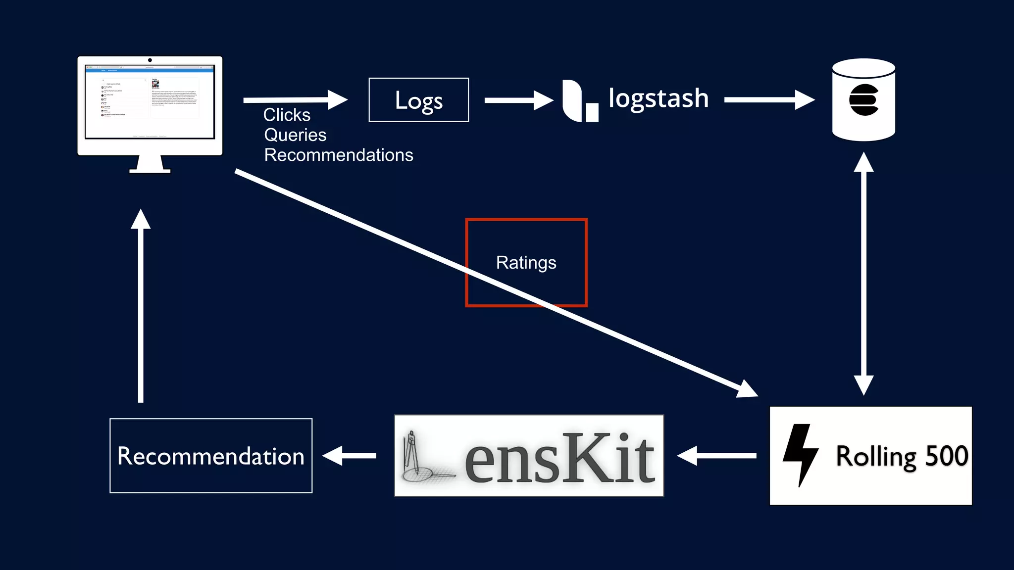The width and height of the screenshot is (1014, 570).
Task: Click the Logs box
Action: click(x=418, y=100)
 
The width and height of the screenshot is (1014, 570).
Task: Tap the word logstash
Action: click(x=658, y=98)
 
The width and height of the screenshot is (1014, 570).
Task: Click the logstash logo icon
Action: click(x=579, y=101)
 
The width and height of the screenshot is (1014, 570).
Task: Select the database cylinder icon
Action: click(x=863, y=100)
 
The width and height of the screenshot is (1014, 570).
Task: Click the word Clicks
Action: click(x=287, y=115)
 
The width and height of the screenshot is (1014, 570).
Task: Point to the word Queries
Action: click(x=295, y=135)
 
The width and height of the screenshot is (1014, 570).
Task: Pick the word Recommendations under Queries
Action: click(x=339, y=155)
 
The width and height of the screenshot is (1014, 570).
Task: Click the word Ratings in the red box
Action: click(x=526, y=263)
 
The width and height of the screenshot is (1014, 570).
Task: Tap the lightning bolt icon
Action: click(x=800, y=454)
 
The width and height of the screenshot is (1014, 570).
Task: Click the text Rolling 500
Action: click(x=902, y=456)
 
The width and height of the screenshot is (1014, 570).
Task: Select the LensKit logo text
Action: click(x=559, y=458)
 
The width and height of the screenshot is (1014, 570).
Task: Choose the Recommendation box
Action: click(x=211, y=456)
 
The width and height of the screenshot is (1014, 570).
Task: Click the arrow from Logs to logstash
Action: click(x=517, y=100)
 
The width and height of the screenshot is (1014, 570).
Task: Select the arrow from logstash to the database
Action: click(x=768, y=100)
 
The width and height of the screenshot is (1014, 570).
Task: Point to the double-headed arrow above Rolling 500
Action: click(x=863, y=273)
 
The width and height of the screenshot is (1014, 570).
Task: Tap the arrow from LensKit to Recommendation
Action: click(x=350, y=456)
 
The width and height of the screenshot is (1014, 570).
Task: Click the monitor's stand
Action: click(x=150, y=165)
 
